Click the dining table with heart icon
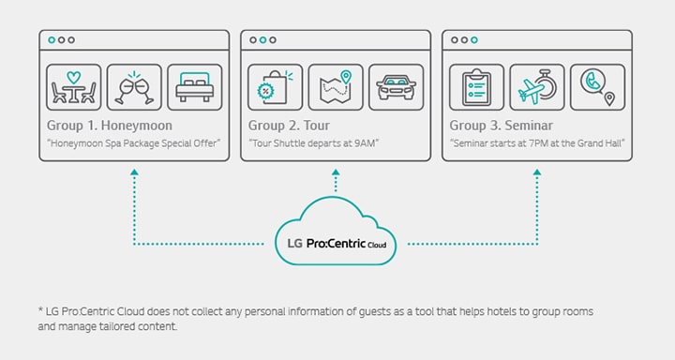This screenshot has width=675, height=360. tap(72, 87)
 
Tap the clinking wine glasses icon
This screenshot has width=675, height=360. tap(134, 87)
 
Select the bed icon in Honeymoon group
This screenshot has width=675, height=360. tap(195, 87)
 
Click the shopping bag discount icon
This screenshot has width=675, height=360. tap(274, 87)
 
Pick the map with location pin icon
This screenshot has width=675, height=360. tap(336, 87)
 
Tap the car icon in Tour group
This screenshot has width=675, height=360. tap(396, 87)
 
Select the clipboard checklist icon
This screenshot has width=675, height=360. tap(476, 87)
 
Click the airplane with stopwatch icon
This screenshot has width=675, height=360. tap(536, 87)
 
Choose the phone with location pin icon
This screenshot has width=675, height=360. tap(597, 87)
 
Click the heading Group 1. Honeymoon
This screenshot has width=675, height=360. tap(110, 125)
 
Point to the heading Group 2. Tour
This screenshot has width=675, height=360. tap(289, 125)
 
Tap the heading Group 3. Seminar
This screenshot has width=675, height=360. tap(501, 125)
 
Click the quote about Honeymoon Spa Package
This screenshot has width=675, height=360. tap(132, 143)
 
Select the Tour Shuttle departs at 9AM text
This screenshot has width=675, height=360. tap(312, 143)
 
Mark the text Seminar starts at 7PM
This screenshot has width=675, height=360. tap(537, 143)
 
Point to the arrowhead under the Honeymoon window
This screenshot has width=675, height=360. tap(134, 173)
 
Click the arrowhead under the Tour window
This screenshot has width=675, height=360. tap(336, 173)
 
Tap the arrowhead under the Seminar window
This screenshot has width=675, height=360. tap(537, 173)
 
